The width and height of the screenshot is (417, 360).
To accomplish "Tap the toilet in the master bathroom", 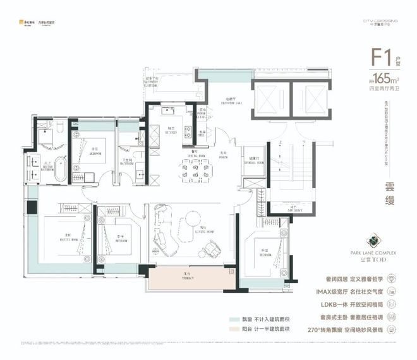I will [58, 128].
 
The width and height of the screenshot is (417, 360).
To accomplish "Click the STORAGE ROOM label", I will [251, 162].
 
